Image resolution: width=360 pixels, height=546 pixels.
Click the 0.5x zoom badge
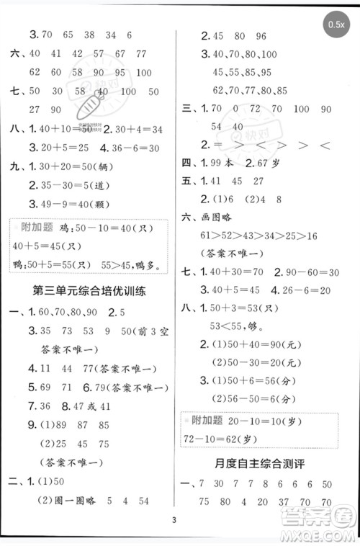(336, 24)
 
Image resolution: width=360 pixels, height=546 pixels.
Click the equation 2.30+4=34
(134, 129)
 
